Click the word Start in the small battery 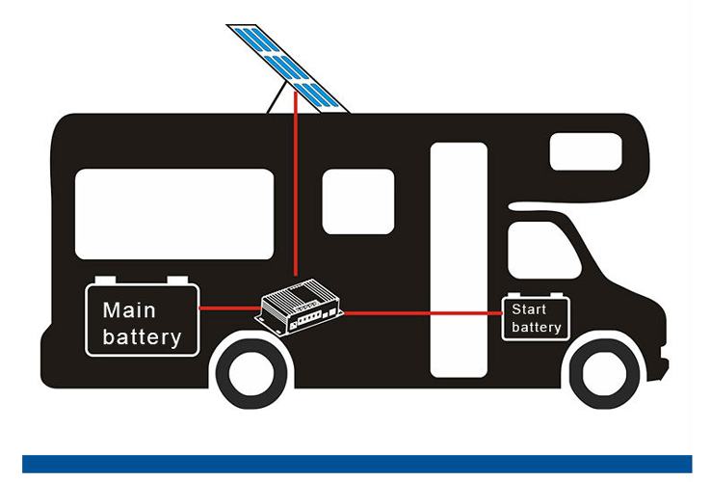(x=528, y=309)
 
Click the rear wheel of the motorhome (x=254, y=371)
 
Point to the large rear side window (x=174, y=213)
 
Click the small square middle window (x=357, y=201)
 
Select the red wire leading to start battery (x=424, y=312)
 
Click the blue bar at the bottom (x=355, y=464)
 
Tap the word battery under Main (x=142, y=337)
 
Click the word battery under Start (x=536, y=328)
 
